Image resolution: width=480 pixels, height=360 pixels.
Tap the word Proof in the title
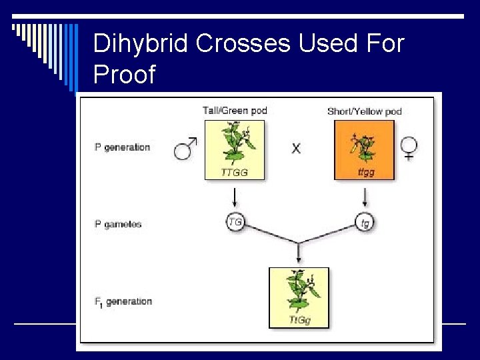(x=125, y=74)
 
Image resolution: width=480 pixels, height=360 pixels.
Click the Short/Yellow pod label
(x=364, y=111)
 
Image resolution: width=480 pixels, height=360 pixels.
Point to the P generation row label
(x=123, y=147)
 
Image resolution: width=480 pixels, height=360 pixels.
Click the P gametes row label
(x=119, y=225)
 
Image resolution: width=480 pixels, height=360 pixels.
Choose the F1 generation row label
(x=124, y=301)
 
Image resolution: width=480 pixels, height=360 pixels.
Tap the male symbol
(x=185, y=149)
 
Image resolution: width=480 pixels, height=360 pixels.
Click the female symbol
(x=409, y=149)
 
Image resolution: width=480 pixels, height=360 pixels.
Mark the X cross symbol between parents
(x=296, y=148)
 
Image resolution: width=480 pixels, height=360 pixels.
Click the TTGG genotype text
(x=235, y=173)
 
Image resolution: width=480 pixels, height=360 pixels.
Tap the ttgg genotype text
(x=365, y=173)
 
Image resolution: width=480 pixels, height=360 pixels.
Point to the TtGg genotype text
(x=299, y=321)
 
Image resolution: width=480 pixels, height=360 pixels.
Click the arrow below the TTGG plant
(x=235, y=197)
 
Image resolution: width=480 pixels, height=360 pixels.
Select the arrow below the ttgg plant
(x=365, y=197)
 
